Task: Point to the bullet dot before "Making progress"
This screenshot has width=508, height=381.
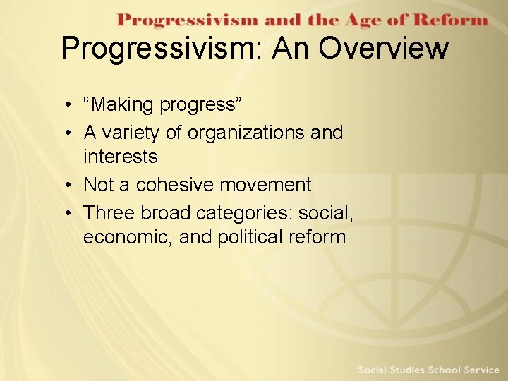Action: [64, 106]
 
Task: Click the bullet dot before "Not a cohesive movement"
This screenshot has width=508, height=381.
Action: [64, 186]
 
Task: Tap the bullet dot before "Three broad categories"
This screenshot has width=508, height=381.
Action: [64, 212]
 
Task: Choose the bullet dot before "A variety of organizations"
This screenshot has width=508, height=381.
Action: [64, 133]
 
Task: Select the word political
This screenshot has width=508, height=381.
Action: [250, 237]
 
